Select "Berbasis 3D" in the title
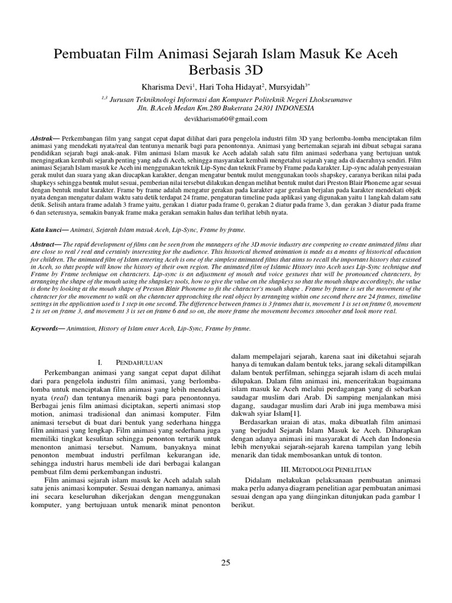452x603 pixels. pos(225,72)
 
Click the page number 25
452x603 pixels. pos(225,563)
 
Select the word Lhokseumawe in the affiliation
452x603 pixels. pos(327,100)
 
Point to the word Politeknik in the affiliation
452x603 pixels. pos(263,100)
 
